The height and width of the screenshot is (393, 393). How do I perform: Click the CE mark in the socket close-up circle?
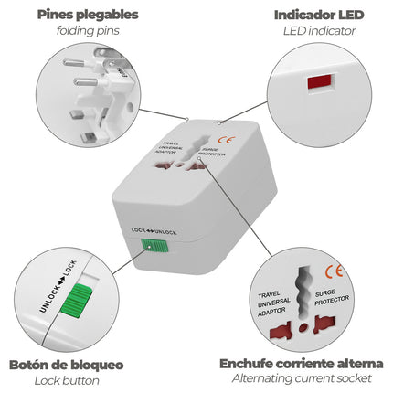[335, 271]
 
